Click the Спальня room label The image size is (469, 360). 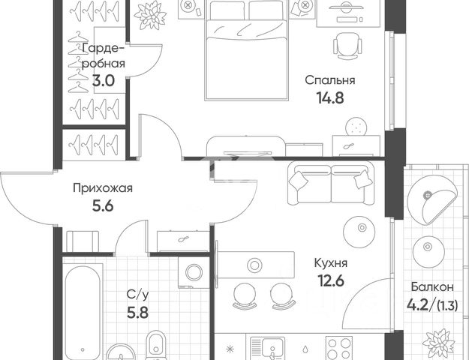tap(331, 80)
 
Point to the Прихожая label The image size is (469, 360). tap(102, 188)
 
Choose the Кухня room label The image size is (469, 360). tap(331, 263)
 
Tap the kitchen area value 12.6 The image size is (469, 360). tap(330, 282)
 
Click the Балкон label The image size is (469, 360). tap(431, 286)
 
